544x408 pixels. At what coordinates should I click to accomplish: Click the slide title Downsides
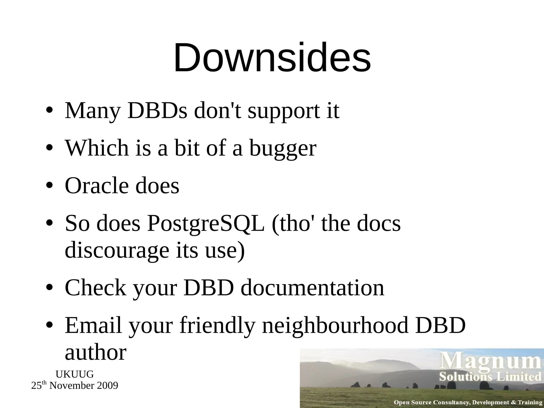point(272,58)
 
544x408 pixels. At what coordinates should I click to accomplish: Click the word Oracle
point(97,186)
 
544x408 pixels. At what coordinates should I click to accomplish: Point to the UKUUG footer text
point(75,374)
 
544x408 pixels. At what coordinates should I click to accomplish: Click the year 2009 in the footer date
point(107,386)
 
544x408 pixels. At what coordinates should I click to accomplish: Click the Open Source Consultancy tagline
point(468,402)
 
